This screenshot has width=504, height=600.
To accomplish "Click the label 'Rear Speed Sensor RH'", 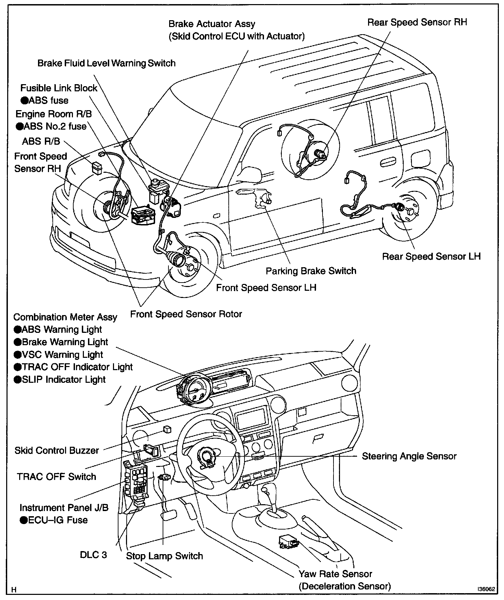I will tap(417, 23).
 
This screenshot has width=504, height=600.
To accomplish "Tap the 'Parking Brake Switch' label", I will tap(311, 271).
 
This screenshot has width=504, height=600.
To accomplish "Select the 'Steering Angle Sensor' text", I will tap(409, 456).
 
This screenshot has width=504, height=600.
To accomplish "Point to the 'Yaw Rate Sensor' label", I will tap(335, 574).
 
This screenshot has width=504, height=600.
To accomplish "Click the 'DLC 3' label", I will tap(93, 555).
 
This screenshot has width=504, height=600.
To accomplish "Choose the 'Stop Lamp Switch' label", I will tap(164, 556).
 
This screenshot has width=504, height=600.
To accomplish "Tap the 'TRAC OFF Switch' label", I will tap(56, 477).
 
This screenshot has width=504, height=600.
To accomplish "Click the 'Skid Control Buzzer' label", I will tap(56, 451).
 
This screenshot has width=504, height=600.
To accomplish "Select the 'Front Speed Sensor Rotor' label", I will tap(186, 314).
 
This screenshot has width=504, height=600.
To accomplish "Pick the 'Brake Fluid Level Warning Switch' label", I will tap(106, 63).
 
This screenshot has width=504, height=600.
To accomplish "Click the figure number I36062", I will tap(487, 589).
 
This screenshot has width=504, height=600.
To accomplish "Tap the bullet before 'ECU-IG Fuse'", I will tap(23, 520).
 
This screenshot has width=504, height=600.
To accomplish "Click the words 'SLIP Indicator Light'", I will tap(64, 380).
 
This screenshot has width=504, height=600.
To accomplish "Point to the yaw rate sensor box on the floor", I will tap(288, 542).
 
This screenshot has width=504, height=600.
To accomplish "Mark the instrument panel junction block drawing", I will tap(136, 481).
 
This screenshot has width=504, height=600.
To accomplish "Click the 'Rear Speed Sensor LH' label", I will tap(431, 257).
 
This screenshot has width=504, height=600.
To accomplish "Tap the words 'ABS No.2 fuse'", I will tap(55, 127).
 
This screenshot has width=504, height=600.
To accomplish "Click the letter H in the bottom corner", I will tap(14, 590).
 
